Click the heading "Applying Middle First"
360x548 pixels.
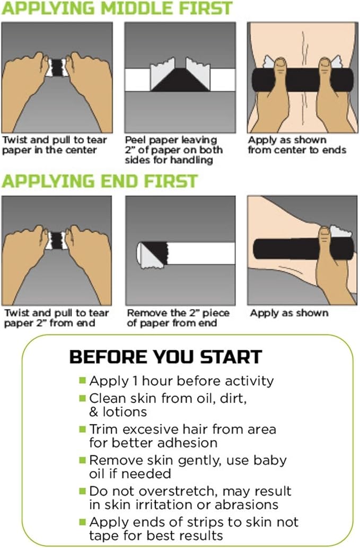point(117,8)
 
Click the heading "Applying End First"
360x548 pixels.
point(100,181)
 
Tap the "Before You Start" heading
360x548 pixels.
point(165,357)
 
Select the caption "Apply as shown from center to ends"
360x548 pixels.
point(297,145)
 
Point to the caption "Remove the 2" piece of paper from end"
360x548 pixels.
point(178,317)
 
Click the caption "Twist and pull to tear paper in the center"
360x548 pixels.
point(54,145)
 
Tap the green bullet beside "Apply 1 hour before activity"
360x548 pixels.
point(83,380)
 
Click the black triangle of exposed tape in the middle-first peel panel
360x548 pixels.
point(180,80)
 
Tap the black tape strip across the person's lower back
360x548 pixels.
point(303,80)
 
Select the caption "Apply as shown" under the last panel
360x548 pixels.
point(289,313)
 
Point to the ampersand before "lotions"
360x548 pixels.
point(94,412)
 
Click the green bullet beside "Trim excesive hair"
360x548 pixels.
point(83,429)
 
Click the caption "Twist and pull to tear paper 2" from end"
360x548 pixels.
point(56,317)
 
